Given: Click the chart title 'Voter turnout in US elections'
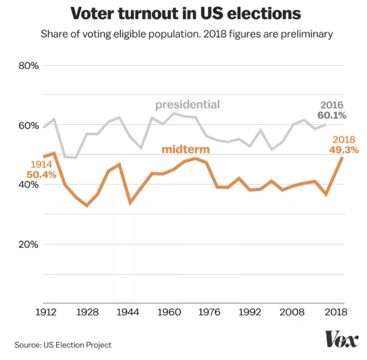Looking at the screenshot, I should [183, 14].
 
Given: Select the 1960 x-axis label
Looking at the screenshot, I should [169, 313].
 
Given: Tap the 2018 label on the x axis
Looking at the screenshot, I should [334, 313].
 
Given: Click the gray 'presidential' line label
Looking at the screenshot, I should [188, 104].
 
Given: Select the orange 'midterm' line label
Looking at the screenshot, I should [185, 150].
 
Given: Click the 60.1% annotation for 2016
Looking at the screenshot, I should [332, 116].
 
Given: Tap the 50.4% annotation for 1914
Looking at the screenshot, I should [41, 174].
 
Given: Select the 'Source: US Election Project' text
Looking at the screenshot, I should [63, 345].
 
